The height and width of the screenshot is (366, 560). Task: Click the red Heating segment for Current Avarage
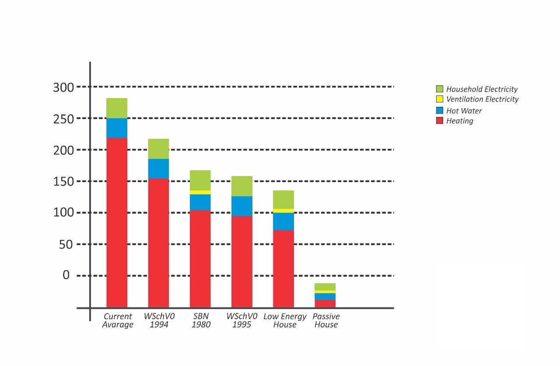(117, 222)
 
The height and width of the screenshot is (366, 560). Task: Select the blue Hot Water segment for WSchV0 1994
(158, 169)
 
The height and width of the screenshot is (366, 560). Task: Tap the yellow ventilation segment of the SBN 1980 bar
(200, 192)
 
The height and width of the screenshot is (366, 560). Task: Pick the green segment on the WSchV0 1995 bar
(241, 186)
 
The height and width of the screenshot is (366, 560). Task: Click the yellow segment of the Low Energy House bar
(283, 211)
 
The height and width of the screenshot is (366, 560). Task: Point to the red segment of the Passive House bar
(325, 303)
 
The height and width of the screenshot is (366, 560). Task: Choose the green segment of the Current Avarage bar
(117, 108)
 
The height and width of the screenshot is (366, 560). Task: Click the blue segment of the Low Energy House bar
(283, 222)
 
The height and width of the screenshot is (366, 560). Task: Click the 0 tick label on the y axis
(66, 275)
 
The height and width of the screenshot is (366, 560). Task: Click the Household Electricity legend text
(482, 89)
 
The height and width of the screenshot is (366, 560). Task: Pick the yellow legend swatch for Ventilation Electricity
(440, 99)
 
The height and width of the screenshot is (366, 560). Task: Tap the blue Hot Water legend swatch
(440, 110)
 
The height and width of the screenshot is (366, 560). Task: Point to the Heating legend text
(459, 121)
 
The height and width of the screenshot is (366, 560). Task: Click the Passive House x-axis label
(326, 320)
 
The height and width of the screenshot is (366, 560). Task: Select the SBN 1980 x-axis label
(201, 320)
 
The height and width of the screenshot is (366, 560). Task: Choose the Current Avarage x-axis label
(118, 320)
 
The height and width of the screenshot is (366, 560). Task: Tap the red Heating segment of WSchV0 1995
(241, 261)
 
